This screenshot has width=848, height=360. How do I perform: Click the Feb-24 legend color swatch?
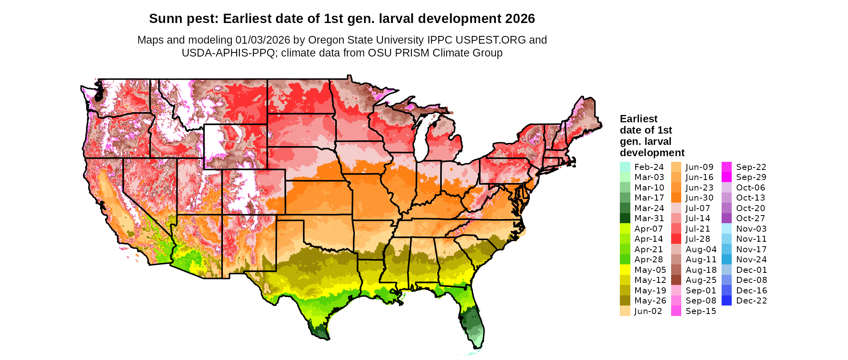point(625,167)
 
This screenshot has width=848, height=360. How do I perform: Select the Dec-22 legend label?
point(751,301)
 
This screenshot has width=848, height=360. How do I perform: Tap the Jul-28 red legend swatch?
point(676,239)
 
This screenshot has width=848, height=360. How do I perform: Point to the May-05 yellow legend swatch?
point(625,270)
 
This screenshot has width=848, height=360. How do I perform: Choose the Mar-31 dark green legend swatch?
point(625,218)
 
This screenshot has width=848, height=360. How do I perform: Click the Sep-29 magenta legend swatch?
point(726,177)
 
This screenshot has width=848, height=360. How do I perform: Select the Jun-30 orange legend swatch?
point(676,198)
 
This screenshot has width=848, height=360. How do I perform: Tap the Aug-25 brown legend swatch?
point(676,280)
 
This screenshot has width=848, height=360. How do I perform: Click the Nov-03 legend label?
point(751,229)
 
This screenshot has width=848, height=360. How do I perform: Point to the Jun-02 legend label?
point(648,311)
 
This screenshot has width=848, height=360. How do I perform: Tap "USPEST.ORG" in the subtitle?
point(490,40)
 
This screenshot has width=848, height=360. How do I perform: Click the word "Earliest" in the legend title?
point(638,119)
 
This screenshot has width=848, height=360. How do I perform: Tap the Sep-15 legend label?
point(701,311)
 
